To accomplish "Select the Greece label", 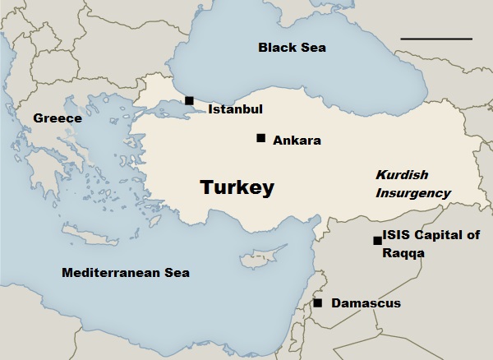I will pyautogui.click(x=58, y=119).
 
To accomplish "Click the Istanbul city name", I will pyautogui.click(x=235, y=108).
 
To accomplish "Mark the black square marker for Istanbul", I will pyautogui.click(x=189, y=100).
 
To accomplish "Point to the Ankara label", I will pyautogui.click(x=297, y=141).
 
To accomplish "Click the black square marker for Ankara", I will pyautogui.click(x=260, y=138).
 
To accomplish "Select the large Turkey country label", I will pyautogui.click(x=237, y=188).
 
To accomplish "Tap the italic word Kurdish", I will pyautogui.click(x=403, y=175).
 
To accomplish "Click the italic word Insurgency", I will pyautogui.click(x=413, y=194).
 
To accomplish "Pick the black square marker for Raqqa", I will pyautogui.click(x=377, y=241).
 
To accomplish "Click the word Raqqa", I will pyautogui.click(x=404, y=254).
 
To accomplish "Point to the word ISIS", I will pyautogui.click(x=398, y=236).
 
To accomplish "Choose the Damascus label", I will pyautogui.click(x=366, y=304).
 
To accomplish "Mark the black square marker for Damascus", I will pyautogui.click(x=318, y=303).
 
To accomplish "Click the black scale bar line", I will pyautogui.click(x=436, y=39).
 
